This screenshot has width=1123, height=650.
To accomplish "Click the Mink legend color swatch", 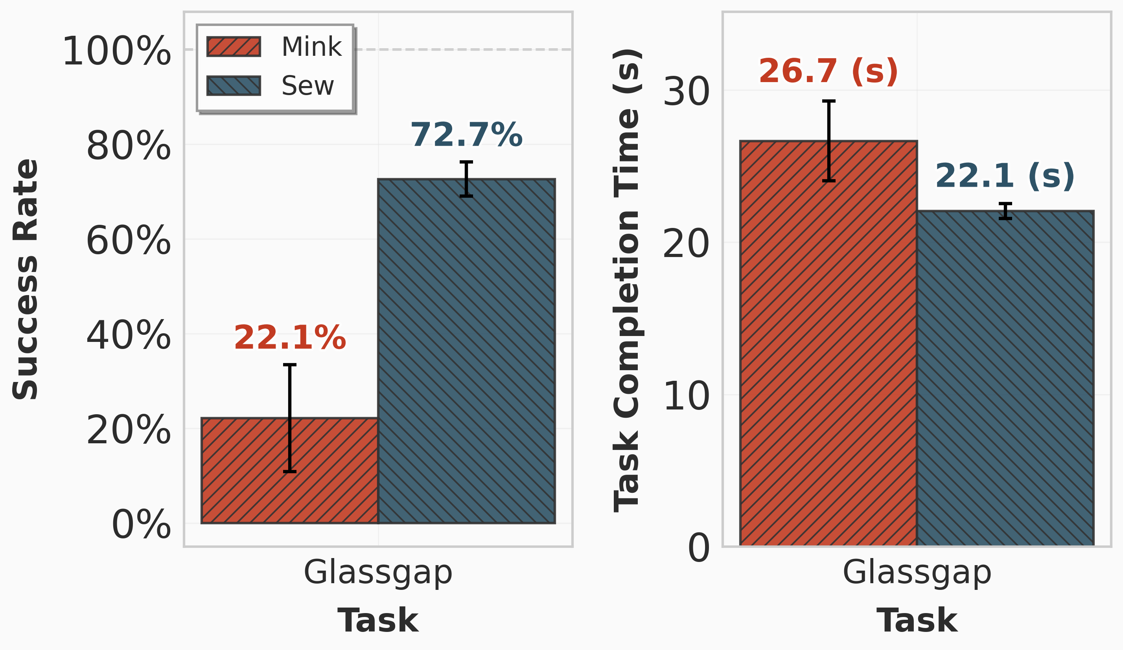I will tap(234, 47).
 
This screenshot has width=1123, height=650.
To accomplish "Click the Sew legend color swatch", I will tap(234, 86).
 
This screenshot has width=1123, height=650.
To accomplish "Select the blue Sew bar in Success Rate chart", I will tap(466, 356).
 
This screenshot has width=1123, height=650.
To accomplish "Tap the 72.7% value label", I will tap(466, 134).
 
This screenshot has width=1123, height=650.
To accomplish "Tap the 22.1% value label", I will tap(290, 338).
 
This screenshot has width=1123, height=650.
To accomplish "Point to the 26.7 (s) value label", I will tap(828, 71).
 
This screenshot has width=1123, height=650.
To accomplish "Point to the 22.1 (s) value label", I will tap(1005, 176).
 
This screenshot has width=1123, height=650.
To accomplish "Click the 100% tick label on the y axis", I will tap(117, 52).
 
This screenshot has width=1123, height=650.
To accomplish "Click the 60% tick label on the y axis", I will tap(128, 241).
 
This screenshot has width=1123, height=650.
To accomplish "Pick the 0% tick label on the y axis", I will tap(141, 525).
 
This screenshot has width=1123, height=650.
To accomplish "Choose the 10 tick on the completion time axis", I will tap(686, 397).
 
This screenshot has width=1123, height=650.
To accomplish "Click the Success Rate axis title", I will tap(26, 279).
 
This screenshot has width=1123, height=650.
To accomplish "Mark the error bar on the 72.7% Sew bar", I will tap(466, 179).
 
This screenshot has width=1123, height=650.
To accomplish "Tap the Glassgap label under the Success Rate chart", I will tap(378, 573).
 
